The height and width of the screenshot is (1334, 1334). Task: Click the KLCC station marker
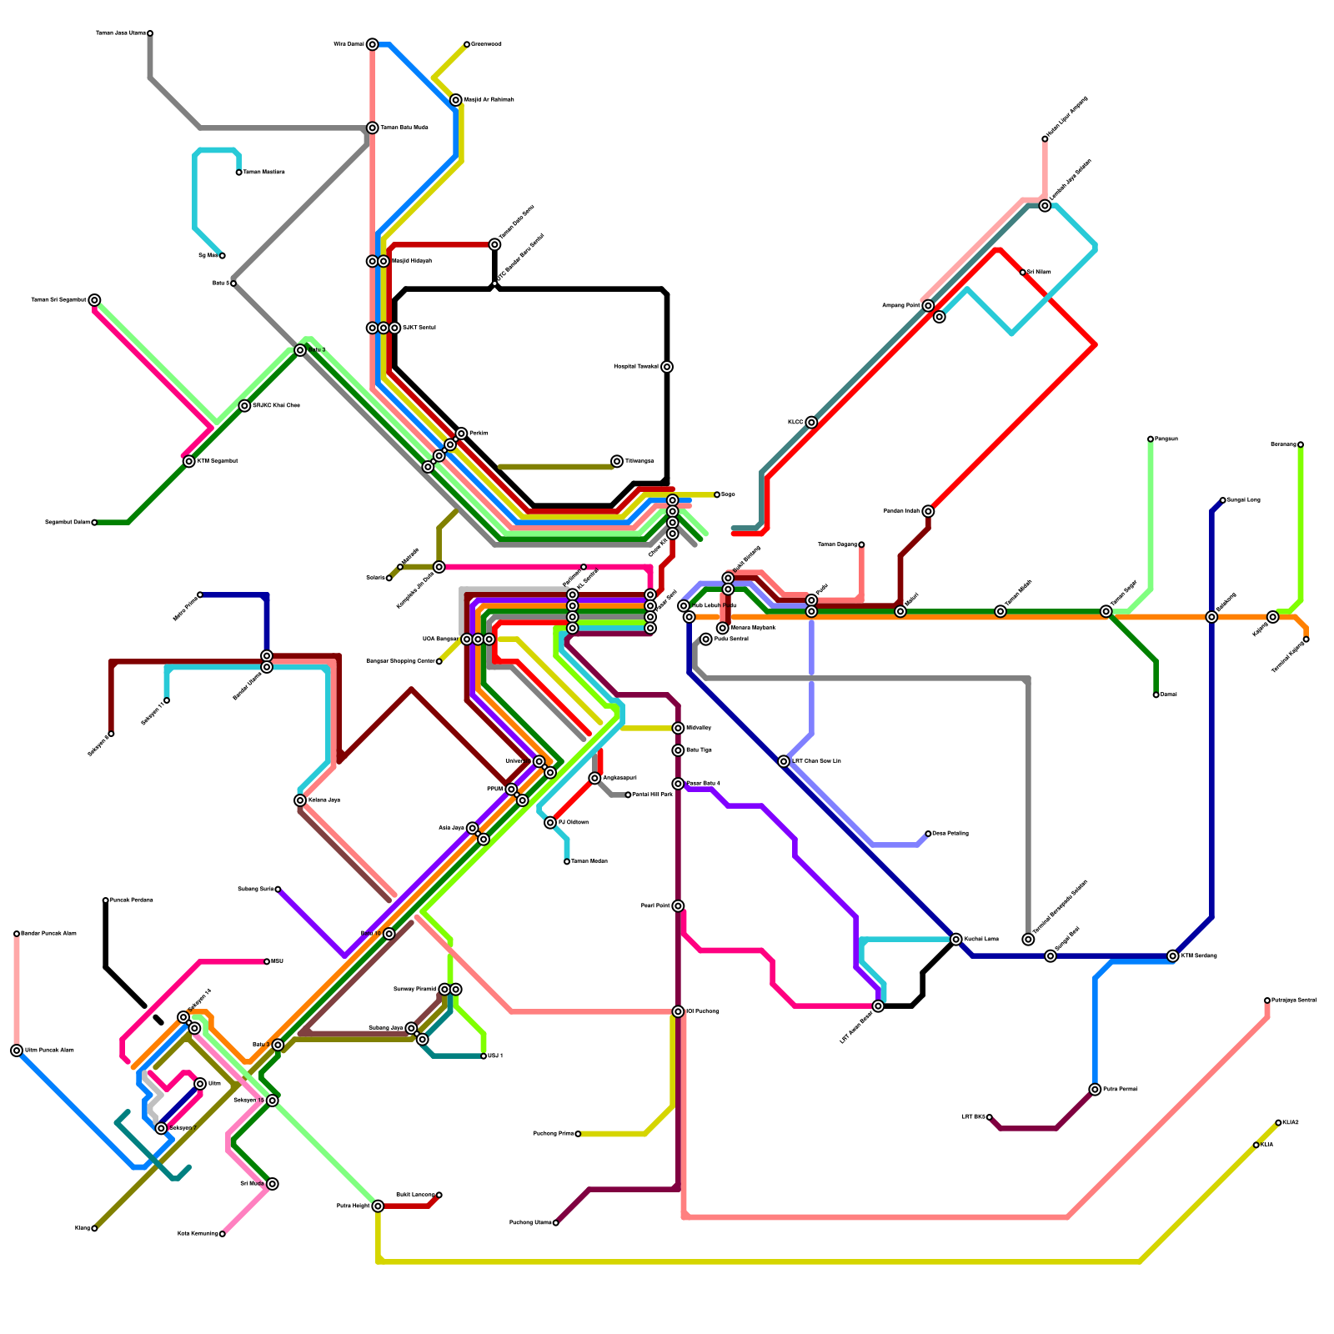coord(811,423)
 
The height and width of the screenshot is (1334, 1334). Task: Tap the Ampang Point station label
coord(900,306)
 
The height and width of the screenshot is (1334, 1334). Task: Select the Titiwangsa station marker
coord(617,461)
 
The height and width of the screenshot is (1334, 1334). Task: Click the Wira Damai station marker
coord(372,44)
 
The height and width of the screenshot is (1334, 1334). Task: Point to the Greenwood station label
coord(486,44)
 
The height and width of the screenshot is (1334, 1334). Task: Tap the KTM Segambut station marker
coord(189,461)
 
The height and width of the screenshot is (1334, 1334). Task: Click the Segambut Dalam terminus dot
coord(94,523)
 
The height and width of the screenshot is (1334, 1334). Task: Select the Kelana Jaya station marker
coord(300,800)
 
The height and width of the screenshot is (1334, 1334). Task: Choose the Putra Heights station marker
coord(378,1206)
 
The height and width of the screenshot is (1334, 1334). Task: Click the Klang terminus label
coord(82,1228)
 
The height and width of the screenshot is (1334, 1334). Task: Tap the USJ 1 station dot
coord(484,1056)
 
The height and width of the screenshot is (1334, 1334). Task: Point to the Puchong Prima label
coord(553,1134)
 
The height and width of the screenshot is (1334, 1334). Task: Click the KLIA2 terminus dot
coord(1278,1123)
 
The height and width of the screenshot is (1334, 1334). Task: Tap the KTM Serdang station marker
coord(1173,956)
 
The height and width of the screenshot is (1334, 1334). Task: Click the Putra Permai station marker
coord(1095,1090)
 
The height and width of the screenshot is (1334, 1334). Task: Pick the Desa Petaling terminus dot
coord(928,834)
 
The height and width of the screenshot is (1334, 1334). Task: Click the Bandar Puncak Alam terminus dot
coord(17,934)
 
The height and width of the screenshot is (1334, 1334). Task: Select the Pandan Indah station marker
coord(928,511)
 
